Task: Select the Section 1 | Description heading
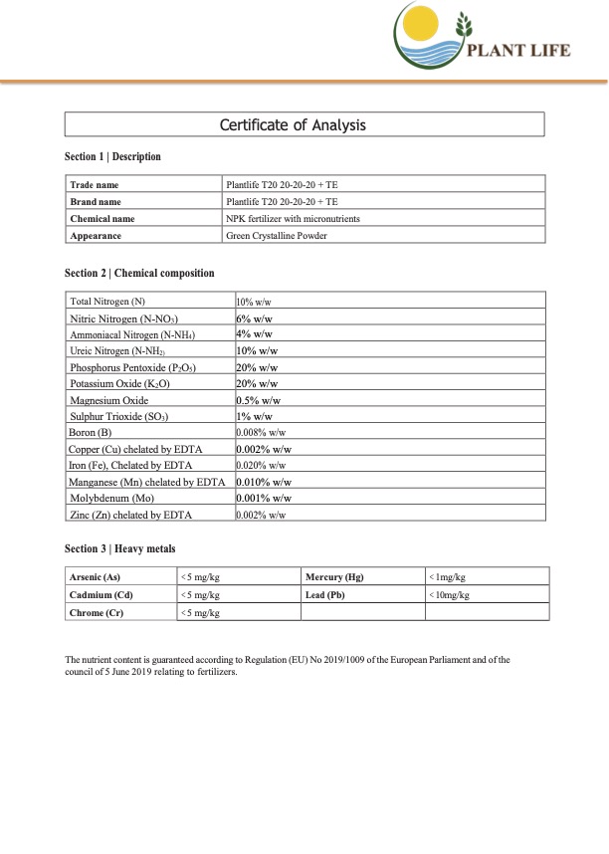point(112,157)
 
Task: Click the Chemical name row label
point(102,219)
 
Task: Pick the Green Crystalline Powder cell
point(278,236)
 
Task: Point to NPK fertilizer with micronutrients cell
point(294,219)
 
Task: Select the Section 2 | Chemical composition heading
point(139,274)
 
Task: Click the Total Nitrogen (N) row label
point(107,301)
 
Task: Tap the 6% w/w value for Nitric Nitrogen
point(255,318)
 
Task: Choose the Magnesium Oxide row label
point(109,400)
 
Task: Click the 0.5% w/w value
point(261,400)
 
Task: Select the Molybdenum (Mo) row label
point(112,498)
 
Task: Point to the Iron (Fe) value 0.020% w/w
point(262,465)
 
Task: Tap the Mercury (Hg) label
point(333,577)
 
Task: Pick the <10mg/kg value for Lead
point(449,594)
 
